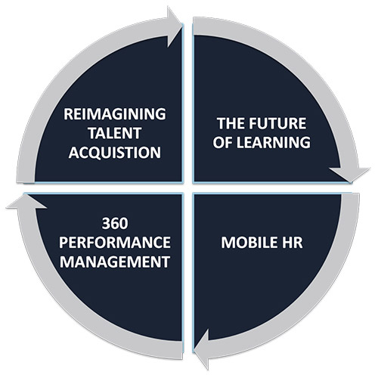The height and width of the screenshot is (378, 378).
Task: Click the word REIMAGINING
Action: click(x=115, y=114)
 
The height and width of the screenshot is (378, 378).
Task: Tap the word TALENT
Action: click(x=115, y=133)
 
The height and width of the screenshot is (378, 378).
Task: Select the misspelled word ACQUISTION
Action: click(x=115, y=152)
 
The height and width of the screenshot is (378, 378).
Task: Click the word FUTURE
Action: click(x=277, y=123)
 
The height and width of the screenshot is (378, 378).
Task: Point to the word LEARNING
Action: click(x=274, y=142)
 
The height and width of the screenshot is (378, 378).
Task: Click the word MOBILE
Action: click(x=246, y=243)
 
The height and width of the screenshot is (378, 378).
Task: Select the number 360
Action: click(x=115, y=223)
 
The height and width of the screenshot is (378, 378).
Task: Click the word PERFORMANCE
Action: click(x=115, y=243)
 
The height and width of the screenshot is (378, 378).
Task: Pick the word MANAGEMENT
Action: click(x=115, y=262)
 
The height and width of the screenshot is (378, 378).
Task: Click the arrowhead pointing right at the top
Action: click(x=175, y=27)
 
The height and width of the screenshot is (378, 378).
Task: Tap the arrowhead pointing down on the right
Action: click(x=350, y=175)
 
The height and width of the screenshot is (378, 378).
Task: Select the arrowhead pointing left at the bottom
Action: click(x=202, y=350)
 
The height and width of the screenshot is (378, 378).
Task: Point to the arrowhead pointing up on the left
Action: click(x=26, y=202)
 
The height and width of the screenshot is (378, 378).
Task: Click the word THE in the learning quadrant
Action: click(x=231, y=123)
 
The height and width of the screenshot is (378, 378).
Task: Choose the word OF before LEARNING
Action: click(x=224, y=142)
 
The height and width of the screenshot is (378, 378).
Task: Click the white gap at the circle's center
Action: click(x=188, y=188)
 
